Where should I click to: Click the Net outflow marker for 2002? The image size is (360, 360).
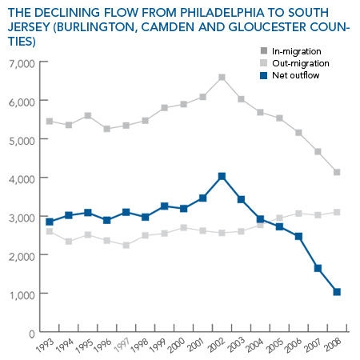[222, 176]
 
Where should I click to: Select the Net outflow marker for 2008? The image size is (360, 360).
[337, 292]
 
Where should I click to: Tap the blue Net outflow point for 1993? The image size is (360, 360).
[50, 222]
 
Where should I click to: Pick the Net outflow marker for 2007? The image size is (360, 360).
[318, 268]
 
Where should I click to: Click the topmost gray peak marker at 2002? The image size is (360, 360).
[222, 78]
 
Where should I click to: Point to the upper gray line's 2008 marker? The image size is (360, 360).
[337, 172]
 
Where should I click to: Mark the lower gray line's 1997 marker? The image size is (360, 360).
[126, 245]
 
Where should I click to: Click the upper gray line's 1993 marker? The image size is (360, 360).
[50, 122]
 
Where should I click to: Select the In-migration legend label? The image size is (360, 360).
[297, 51]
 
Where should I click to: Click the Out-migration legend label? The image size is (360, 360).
[301, 63]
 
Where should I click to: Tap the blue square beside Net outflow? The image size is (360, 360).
[263, 75]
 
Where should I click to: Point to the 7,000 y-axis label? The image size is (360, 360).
[22, 64]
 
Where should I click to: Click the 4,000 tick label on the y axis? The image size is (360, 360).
[22, 179]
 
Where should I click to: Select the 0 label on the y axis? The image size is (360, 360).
[32, 334]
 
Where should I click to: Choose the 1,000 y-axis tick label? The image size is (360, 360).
[22, 295]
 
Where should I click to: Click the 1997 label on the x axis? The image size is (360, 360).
[122, 345]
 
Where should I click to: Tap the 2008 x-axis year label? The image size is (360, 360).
[333, 345]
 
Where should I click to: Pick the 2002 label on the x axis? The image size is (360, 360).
[218, 345]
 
